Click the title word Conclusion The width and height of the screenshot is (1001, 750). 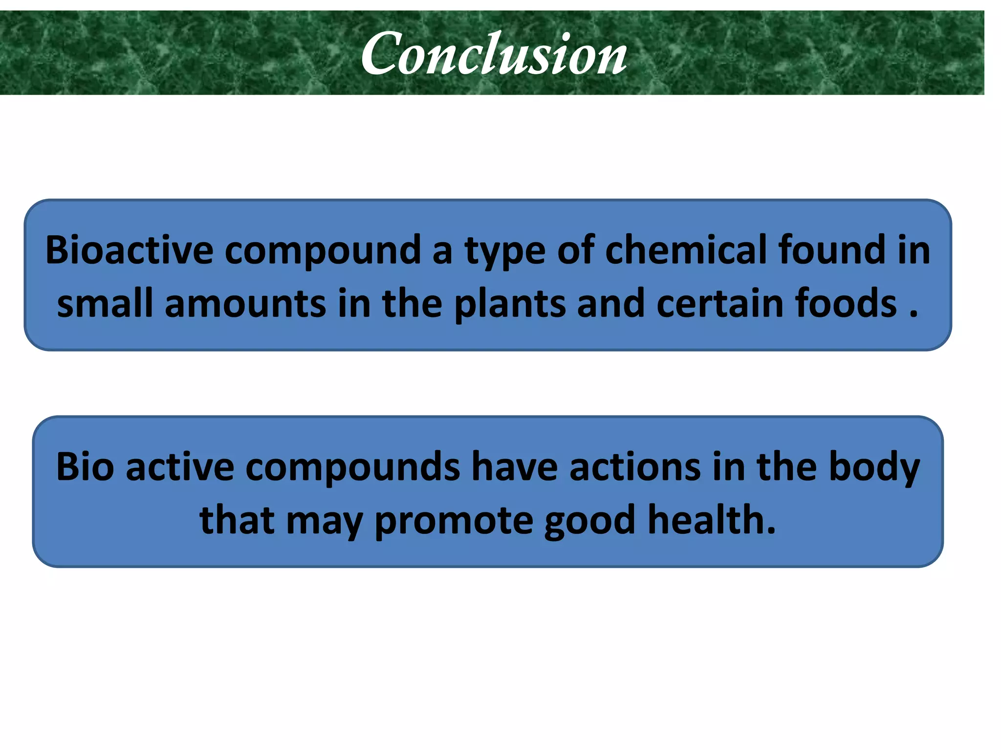pyautogui.click(x=494, y=54)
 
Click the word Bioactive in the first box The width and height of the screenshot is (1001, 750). pyautogui.click(x=129, y=250)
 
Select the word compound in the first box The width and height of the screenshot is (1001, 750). pyautogui.click(x=323, y=250)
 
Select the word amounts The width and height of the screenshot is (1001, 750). pyautogui.click(x=245, y=304)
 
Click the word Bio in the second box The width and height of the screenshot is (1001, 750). pyautogui.click(x=85, y=467)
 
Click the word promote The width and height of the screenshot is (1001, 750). pyautogui.click(x=454, y=521)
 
